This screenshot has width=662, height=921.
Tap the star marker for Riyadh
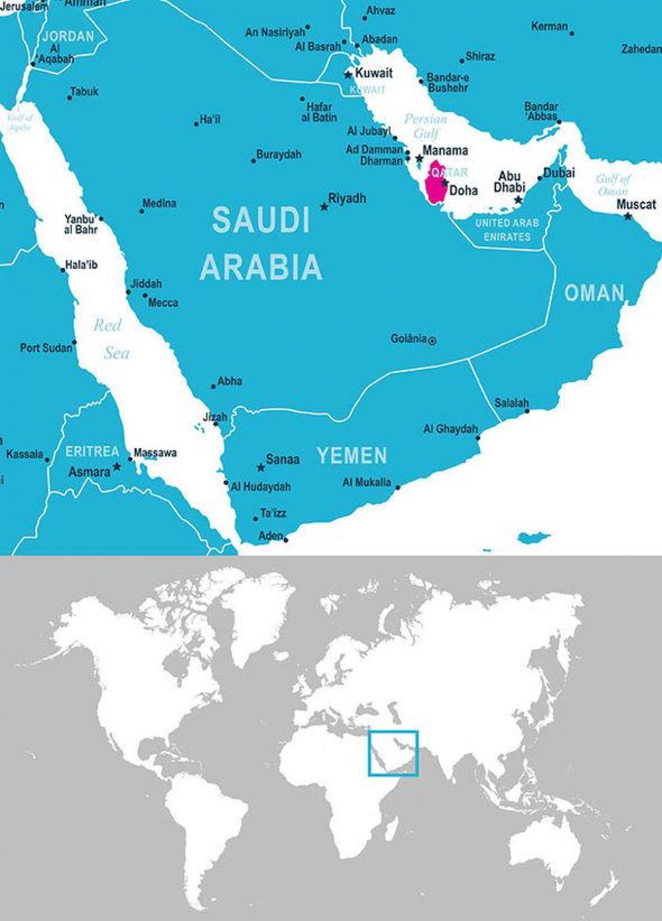click(x=324, y=207)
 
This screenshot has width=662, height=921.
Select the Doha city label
click(x=463, y=191)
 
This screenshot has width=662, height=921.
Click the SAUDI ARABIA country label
click(x=261, y=243)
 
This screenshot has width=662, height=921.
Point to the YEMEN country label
click(x=352, y=456)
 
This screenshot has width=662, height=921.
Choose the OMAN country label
click(x=594, y=293)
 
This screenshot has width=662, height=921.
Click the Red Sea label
click(x=111, y=338)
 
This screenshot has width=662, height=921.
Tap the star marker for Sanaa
click(x=260, y=467)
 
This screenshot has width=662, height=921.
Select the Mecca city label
click(x=163, y=303)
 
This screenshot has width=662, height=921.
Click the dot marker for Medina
click(x=142, y=211)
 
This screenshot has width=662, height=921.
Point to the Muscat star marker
click(x=627, y=217)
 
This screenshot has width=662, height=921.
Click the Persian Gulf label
click(x=425, y=126)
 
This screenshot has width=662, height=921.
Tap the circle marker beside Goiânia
click(x=433, y=341)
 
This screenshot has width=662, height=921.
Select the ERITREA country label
click(x=92, y=452)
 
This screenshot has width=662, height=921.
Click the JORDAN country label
click(x=68, y=37)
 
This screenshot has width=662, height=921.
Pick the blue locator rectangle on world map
click(x=393, y=753)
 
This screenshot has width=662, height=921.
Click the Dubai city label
click(x=559, y=173)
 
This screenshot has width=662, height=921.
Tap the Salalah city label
click(x=511, y=403)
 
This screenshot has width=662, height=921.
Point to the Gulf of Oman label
click(x=612, y=185)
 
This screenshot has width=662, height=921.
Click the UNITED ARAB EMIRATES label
click(x=507, y=230)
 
